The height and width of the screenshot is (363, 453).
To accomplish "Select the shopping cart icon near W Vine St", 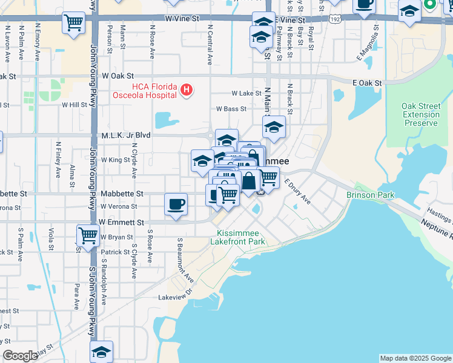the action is point(73,24).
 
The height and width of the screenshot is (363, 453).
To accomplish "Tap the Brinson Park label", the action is point(371,195).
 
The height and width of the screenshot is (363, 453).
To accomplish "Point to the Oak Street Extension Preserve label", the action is point(420,115).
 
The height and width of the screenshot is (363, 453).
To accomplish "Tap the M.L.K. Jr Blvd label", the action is point(125,136).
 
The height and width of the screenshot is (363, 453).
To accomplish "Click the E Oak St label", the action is point(367,83).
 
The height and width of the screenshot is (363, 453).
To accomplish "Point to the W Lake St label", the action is point(246,94).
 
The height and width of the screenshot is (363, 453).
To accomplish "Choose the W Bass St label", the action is point(232,110).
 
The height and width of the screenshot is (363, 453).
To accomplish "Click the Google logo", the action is point(21,356).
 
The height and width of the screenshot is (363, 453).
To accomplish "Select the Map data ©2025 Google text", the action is point(415,358).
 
